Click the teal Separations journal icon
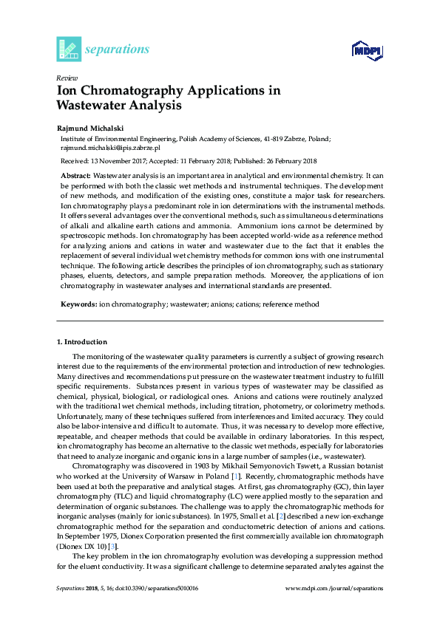pos(69,49)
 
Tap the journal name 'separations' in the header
pos(118,49)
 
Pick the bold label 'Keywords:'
pos(78,304)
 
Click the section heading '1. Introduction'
pos(82,342)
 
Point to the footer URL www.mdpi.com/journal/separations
pos(334,588)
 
